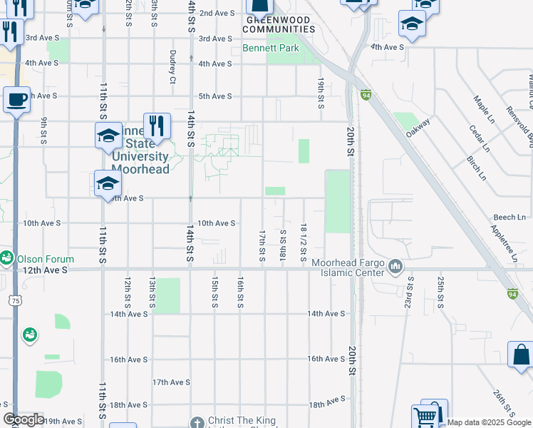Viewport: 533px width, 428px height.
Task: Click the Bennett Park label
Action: coord(270,49)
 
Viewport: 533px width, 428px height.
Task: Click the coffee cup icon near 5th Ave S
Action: coord(16,100)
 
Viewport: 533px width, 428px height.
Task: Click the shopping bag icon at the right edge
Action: coord(521,355)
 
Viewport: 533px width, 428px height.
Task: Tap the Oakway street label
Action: coord(418,127)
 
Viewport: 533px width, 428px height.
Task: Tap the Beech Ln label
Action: coord(509,216)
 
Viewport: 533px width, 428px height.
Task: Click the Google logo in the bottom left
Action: coord(23,420)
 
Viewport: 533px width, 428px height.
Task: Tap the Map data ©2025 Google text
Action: coord(489,422)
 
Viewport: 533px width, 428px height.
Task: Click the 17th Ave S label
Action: coord(171,382)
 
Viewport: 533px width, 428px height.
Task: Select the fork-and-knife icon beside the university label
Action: coord(157,126)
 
